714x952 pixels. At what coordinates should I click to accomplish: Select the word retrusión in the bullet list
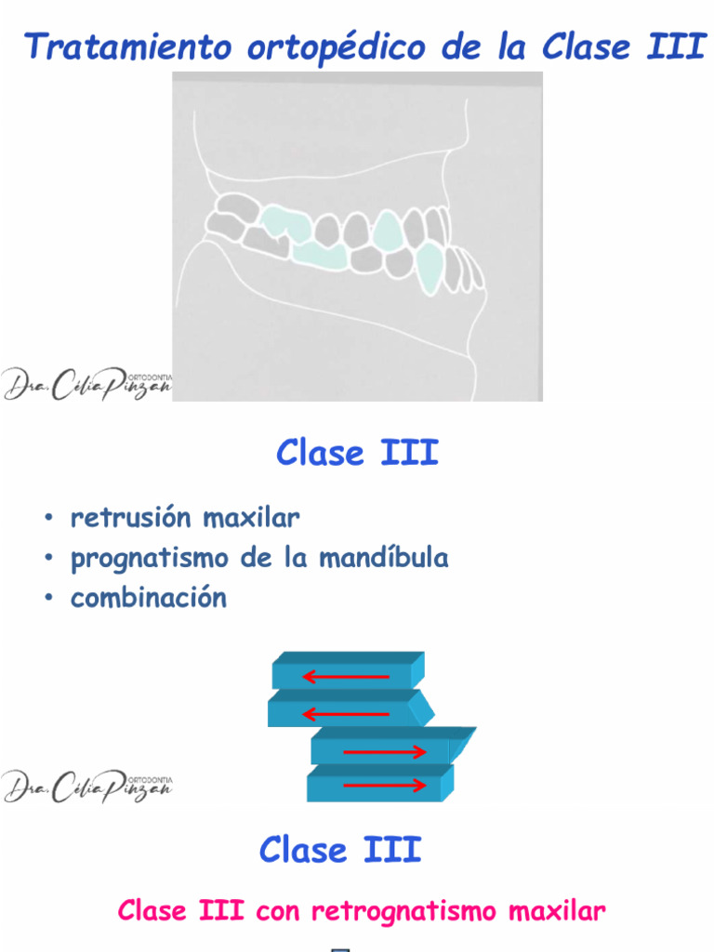130,517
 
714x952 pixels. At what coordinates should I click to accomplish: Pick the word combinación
149,598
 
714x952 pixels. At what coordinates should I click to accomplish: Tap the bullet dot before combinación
47,599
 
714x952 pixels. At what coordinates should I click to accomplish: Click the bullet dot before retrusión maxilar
47,518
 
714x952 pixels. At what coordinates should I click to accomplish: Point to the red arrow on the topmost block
346,676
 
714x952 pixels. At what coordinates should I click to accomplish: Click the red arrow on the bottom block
385,787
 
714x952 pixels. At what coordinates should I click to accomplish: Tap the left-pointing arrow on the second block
346,713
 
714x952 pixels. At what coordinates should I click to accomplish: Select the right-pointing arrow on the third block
385,751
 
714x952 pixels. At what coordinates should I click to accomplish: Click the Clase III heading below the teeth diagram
357,454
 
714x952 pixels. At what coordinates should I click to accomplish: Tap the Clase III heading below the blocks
340,850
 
